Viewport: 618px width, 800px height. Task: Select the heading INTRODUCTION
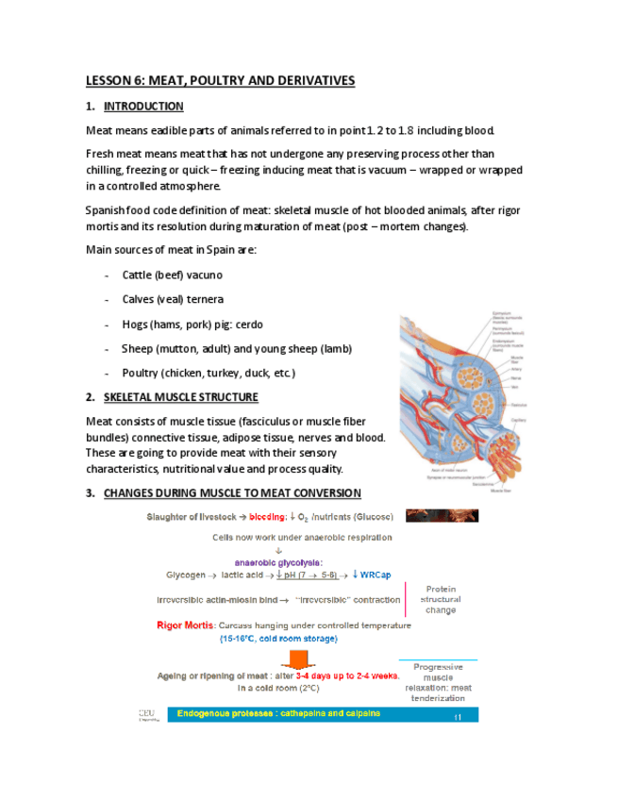click(143, 107)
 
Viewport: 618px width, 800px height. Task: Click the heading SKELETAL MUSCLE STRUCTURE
click(180, 397)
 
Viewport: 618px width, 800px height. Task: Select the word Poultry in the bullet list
click(142, 374)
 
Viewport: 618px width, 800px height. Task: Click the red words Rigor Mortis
click(185, 625)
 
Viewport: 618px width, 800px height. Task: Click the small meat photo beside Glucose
click(442, 516)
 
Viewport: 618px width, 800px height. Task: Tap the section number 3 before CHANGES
click(90, 493)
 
